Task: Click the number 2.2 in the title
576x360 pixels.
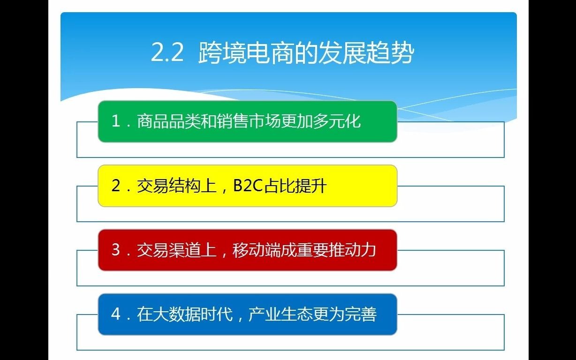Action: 167,53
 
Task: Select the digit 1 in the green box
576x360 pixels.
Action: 116,121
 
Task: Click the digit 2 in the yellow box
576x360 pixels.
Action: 116,186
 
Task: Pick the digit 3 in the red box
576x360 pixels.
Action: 116,250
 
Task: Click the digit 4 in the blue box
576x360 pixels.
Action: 116,314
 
